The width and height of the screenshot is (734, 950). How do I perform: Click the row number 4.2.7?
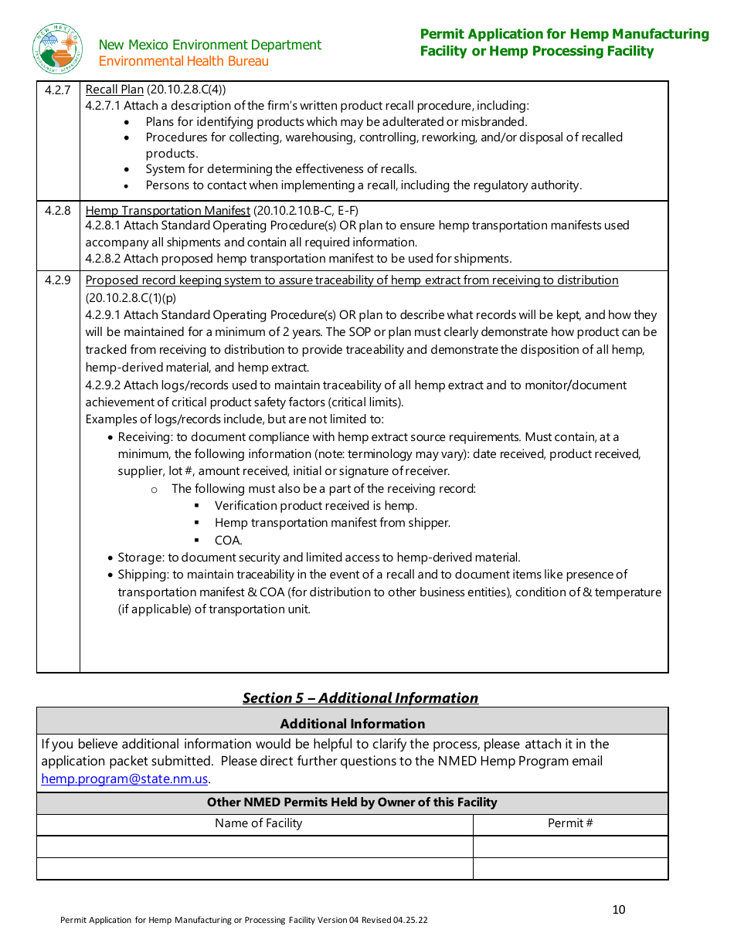coord(57,90)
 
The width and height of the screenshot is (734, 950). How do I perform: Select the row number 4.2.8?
coord(57,210)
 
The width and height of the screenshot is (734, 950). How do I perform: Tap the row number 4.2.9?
coord(57,280)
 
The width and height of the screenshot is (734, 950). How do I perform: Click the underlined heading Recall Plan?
coord(114,90)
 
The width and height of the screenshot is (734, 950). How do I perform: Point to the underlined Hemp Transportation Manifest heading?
coord(168,210)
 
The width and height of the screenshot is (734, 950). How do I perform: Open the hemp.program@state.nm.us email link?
coord(124,779)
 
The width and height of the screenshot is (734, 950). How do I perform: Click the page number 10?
coord(618,909)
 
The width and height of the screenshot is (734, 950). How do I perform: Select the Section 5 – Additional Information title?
coord(360,697)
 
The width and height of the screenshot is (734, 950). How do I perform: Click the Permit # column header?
coord(570,823)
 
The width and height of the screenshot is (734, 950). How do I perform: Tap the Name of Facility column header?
coord(258,823)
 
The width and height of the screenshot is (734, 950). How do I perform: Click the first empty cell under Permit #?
coord(570,847)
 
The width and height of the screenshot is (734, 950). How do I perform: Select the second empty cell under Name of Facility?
coord(255,868)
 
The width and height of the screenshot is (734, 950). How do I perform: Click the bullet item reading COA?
coord(229,540)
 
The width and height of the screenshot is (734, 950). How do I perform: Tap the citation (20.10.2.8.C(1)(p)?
coord(131,297)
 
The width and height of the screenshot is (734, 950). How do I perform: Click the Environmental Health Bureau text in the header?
coord(184,61)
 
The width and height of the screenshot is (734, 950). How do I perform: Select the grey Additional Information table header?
coord(352,724)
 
